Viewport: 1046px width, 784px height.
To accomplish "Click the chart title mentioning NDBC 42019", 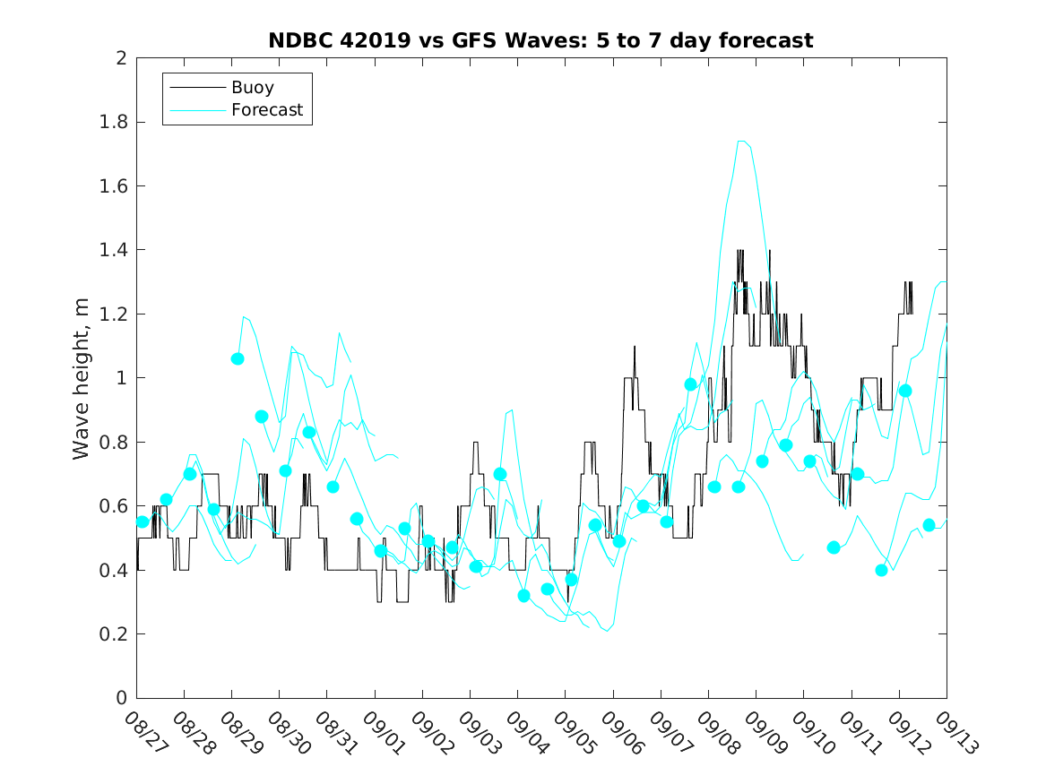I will coord(540,40).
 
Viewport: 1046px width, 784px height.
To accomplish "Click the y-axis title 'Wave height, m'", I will coord(82,378).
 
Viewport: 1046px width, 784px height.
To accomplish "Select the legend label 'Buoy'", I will coord(253,88).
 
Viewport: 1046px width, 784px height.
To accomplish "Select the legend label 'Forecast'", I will coord(267,111).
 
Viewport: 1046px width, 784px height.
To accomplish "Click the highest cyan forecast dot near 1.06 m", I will coord(238,358).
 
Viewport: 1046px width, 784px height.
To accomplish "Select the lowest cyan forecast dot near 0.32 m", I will coord(523,595).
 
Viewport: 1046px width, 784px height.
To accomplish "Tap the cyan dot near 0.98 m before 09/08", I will coord(690,384).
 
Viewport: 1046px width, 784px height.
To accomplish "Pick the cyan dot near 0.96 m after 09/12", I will coord(905,391).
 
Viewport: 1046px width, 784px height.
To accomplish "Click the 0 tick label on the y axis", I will coord(121,698).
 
